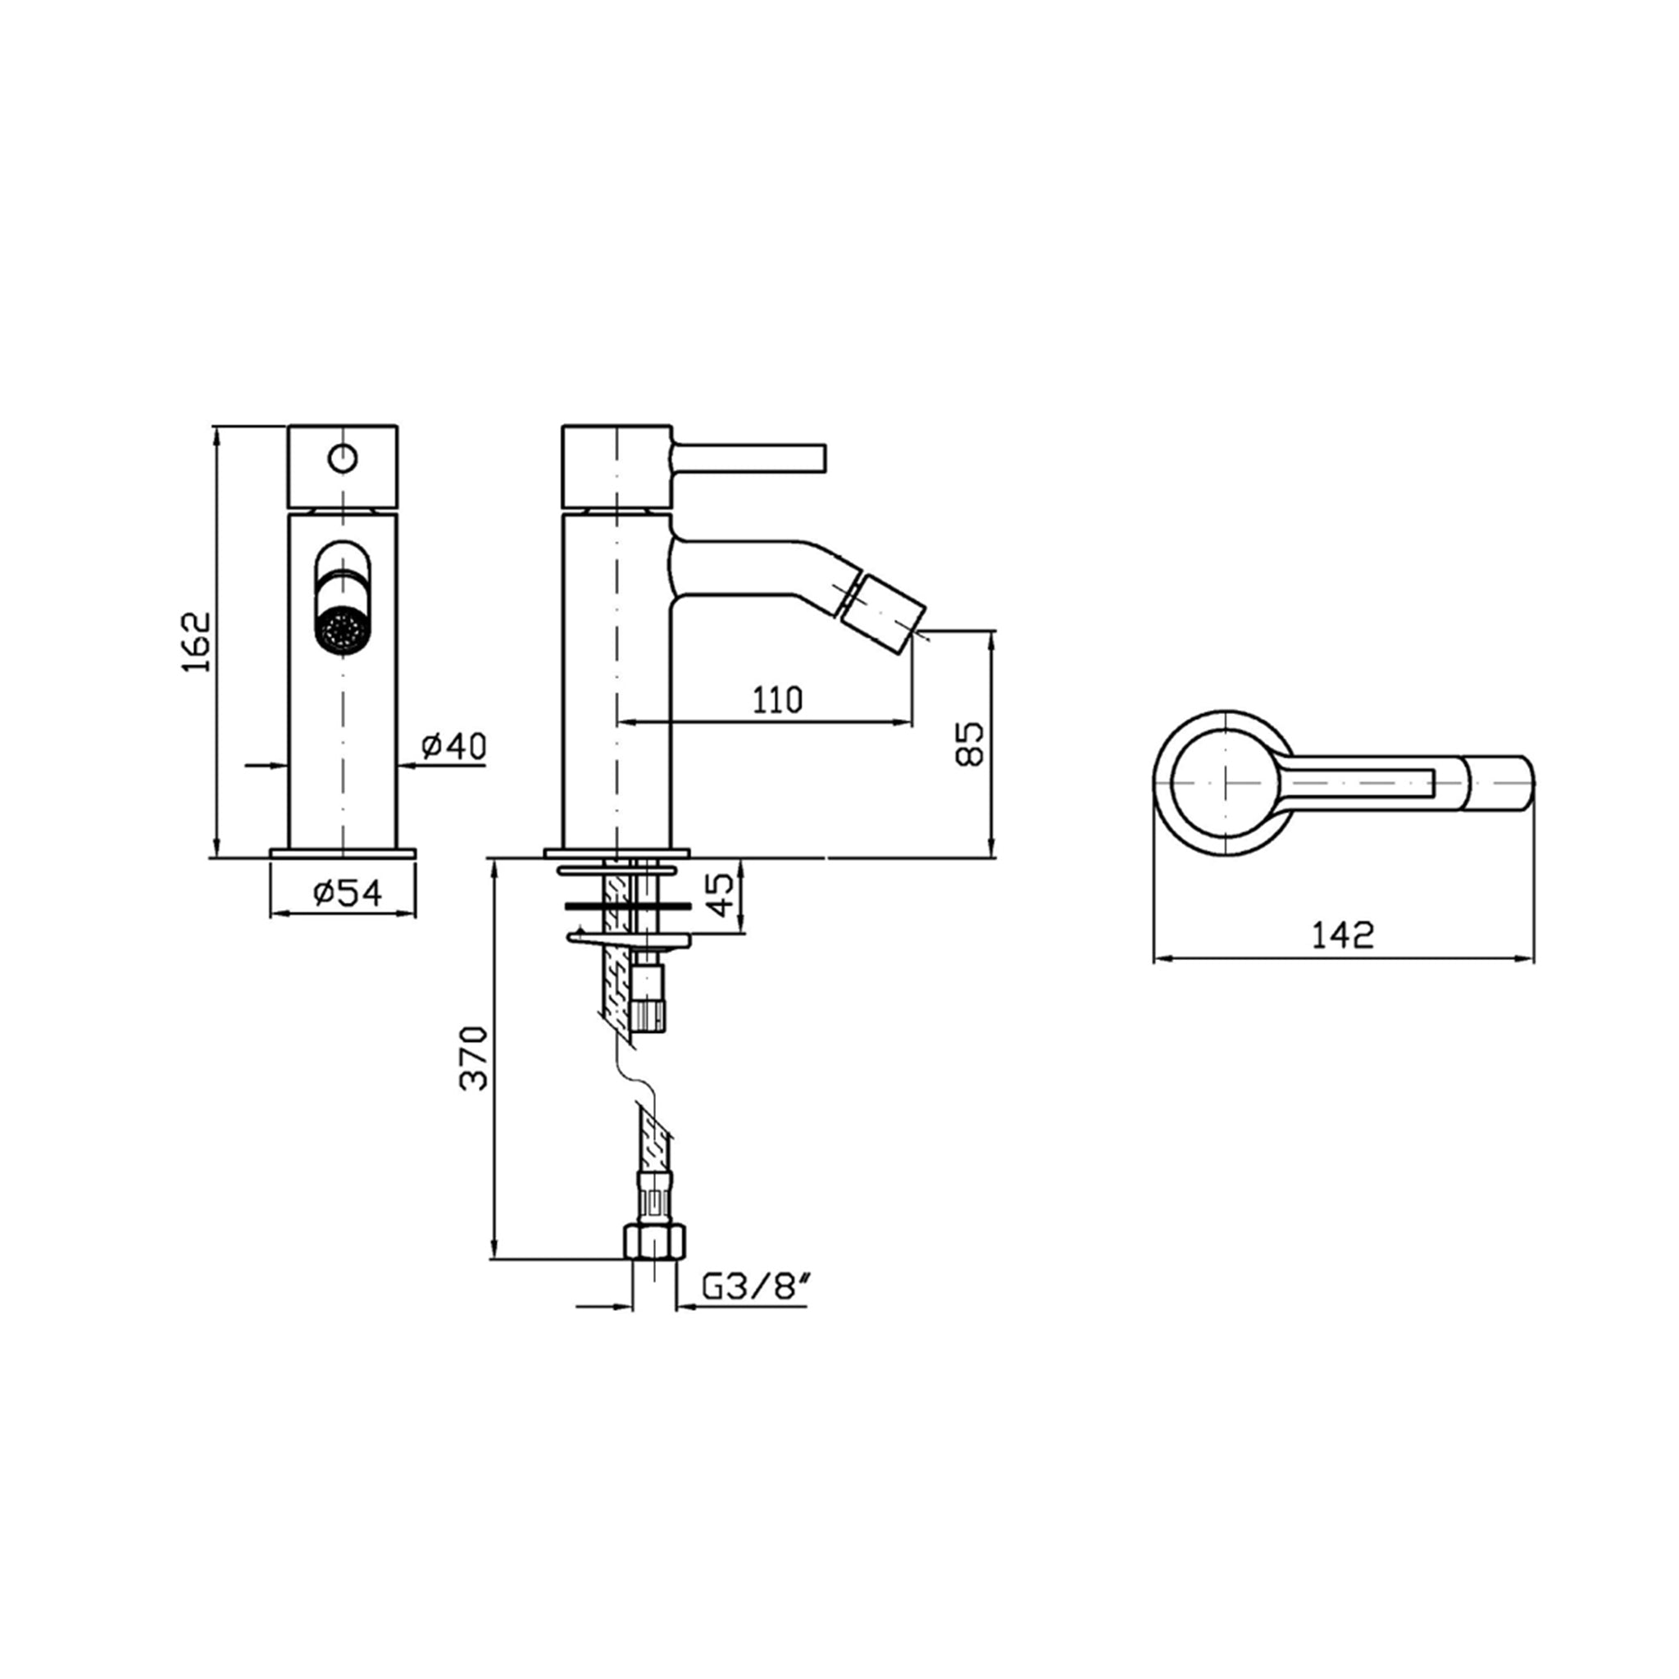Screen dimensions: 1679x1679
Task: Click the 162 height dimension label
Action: (197, 641)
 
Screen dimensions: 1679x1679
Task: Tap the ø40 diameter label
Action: (453, 746)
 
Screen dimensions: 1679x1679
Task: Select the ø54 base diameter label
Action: (348, 892)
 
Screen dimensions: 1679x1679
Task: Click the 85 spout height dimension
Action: (970, 743)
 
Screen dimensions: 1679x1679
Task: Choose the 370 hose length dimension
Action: (475, 1058)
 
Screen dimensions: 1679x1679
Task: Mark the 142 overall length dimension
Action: (1343, 935)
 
